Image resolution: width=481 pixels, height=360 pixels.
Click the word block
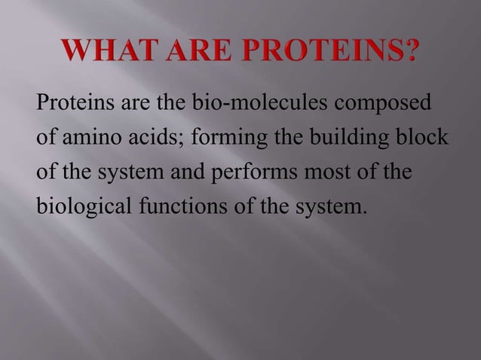[x=416, y=140]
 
